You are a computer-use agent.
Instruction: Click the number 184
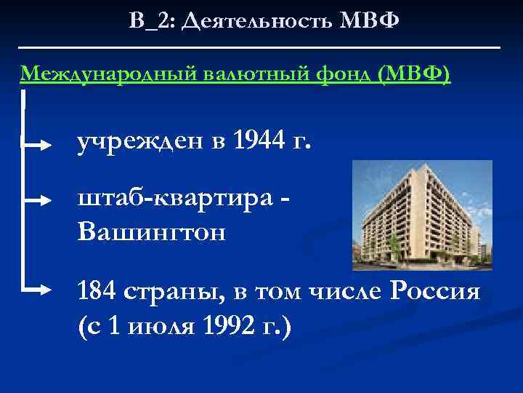click(97, 293)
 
